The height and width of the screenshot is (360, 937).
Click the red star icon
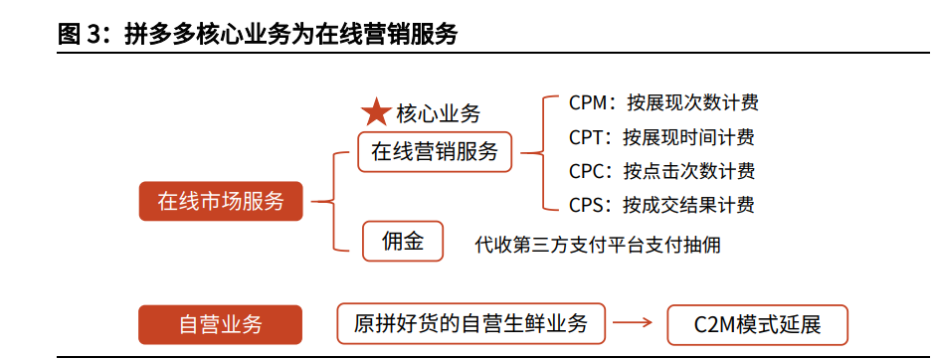tap(376, 112)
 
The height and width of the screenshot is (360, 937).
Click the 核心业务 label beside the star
tap(438, 113)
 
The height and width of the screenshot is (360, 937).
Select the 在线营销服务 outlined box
tap(435, 152)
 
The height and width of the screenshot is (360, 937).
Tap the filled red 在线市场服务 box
tap(221, 202)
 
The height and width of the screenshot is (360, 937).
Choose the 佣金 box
tap(403, 241)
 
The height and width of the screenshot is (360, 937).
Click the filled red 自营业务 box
tap(220, 324)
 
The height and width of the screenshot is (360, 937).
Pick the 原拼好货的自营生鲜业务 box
tap(470, 324)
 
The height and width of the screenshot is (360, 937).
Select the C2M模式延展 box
tap(757, 324)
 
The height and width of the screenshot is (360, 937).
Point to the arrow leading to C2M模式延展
tap(633, 324)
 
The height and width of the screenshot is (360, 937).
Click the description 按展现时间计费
tap(688, 137)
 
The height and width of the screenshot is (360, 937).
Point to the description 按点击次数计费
tap(688, 171)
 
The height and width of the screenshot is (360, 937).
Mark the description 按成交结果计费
tap(688, 206)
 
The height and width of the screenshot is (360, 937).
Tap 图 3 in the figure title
tap(81, 34)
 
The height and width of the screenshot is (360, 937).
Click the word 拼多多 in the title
tap(162, 34)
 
